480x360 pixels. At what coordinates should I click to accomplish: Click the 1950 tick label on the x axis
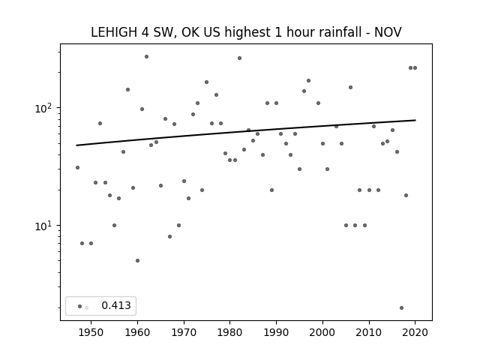pos(91,332)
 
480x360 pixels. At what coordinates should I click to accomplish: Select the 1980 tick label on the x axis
pos(230,332)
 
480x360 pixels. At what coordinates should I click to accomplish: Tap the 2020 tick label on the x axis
pos(415,332)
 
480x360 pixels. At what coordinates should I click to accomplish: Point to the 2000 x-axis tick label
pos(322,332)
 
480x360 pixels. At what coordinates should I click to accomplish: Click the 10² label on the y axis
pos(45,108)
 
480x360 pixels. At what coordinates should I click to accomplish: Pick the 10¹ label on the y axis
pos(45,226)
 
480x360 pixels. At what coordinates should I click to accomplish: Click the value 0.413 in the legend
pos(116,305)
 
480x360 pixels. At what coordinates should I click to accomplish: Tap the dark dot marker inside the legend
pos(80,306)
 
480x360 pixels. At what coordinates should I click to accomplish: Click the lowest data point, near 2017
pos(402,307)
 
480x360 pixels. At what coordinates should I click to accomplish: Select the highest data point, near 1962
pos(147,57)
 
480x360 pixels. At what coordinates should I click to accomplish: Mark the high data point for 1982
pos(239,58)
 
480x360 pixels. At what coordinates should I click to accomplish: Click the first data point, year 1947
pos(77,167)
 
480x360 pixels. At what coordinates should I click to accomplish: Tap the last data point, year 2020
pos(415,68)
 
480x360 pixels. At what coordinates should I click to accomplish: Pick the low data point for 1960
pos(137,260)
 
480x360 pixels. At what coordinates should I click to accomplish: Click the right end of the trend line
pos(415,120)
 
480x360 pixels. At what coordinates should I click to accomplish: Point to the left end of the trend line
pos(76,145)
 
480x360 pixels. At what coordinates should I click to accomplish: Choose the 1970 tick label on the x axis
pos(184,332)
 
